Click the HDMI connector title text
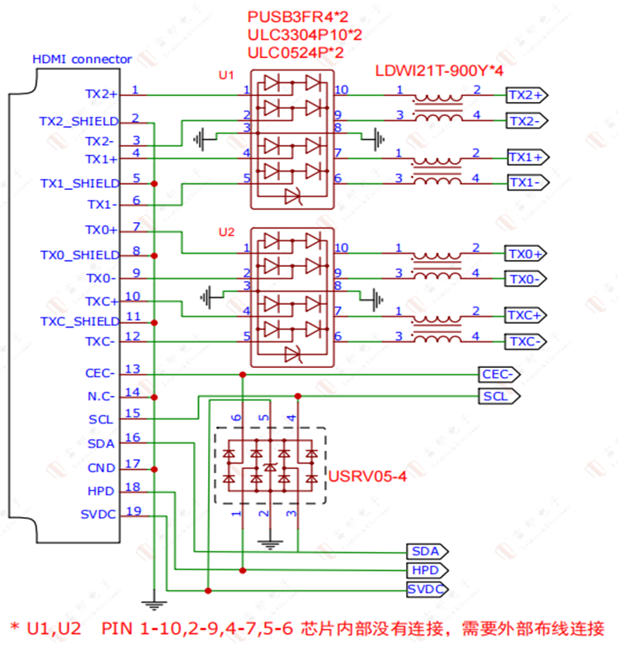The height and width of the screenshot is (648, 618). click(x=81, y=59)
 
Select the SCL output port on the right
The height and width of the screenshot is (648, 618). click(x=500, y=396)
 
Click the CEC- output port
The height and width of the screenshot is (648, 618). click(x=500, y=374)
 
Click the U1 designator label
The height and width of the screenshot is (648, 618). click(x=226, y=75)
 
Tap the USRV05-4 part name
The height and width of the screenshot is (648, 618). click(x=368, y=477)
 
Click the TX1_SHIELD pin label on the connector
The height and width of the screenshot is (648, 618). click(x=80, y=182)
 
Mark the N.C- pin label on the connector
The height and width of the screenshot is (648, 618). click(x=101, y=396)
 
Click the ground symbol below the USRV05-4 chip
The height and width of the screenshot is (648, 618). click(x=266, y=544)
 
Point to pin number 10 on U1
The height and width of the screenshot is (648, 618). click(x=341, y=89)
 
